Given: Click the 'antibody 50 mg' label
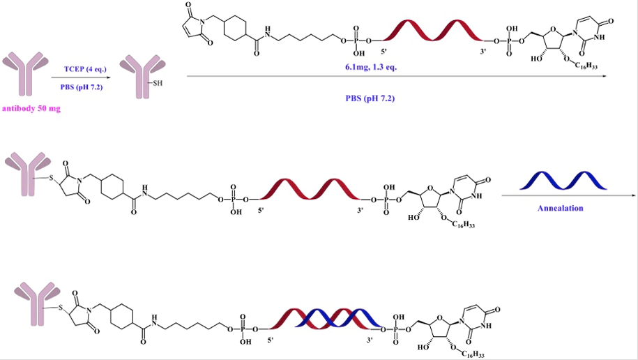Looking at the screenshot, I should pos(31,109).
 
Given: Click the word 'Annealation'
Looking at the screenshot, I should pos(561,208).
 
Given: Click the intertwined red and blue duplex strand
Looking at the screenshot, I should pos(328,319).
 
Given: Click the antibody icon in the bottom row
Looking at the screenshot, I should pos(31,300).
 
